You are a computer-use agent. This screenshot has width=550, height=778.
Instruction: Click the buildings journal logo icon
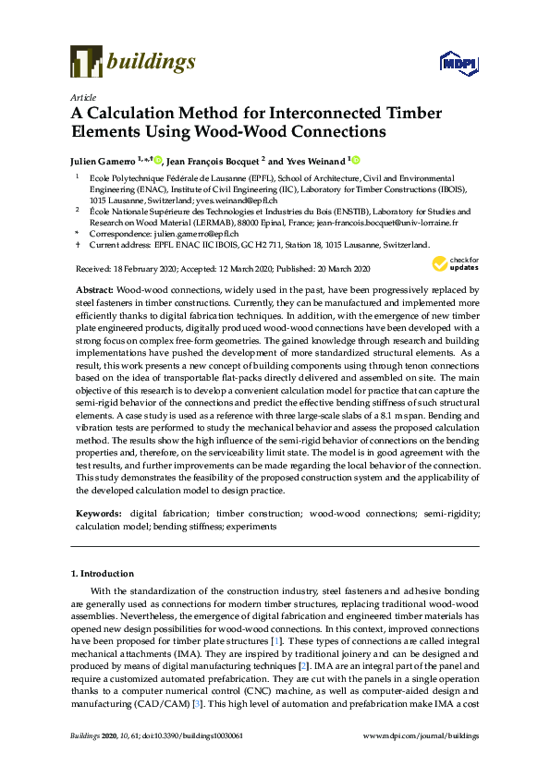click(x=86, y=62)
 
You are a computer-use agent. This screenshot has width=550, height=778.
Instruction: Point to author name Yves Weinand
click(x=314, y=160)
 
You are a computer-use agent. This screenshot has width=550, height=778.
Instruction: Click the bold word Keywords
click(x=97, y=512)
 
